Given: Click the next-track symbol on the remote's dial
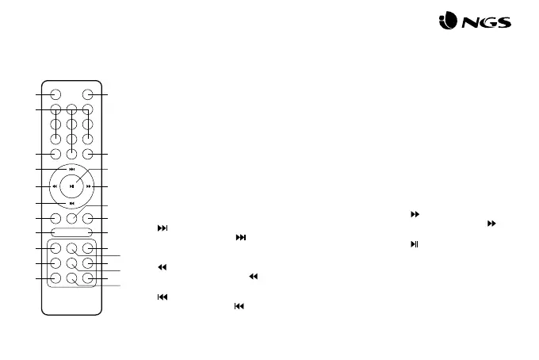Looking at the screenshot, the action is [72, 169].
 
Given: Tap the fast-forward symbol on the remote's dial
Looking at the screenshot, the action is [90, 186].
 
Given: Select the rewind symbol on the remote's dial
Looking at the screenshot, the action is [54, 186].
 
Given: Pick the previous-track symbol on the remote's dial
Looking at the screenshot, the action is [72, 204].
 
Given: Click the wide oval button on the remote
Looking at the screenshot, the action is [72, 232].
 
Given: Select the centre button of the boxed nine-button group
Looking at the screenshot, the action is [72, 263].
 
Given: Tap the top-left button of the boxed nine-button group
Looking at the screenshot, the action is [56, 248].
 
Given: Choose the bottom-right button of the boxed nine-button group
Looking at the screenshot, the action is [88, 278].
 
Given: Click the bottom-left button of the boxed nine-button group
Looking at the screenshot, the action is [56, 278].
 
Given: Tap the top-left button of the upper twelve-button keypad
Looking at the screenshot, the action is [56, 110].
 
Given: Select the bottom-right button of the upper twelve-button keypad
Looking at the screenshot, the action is [88, 154].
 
